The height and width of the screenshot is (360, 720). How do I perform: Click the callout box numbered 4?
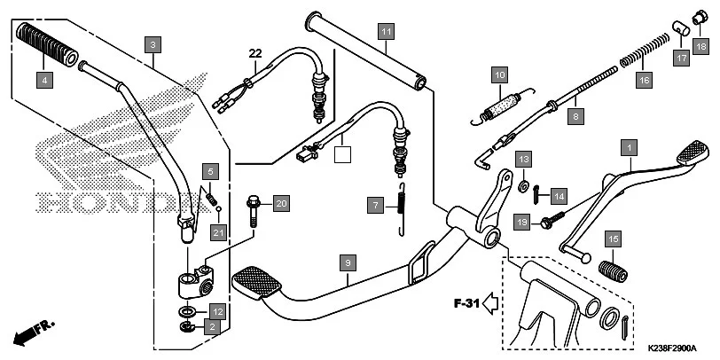point(43,80)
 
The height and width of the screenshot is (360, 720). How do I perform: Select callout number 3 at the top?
point(153,43)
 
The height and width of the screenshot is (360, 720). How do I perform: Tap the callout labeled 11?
point(384,33)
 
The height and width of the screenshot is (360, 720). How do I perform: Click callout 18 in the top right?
point(700,47)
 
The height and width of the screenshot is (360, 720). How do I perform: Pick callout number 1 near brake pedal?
point(630,146)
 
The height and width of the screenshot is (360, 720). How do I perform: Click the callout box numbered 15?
point(613,239)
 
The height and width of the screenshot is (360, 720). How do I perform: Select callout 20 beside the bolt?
point(280,204)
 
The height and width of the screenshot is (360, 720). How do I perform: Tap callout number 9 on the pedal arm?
point(348,263)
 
